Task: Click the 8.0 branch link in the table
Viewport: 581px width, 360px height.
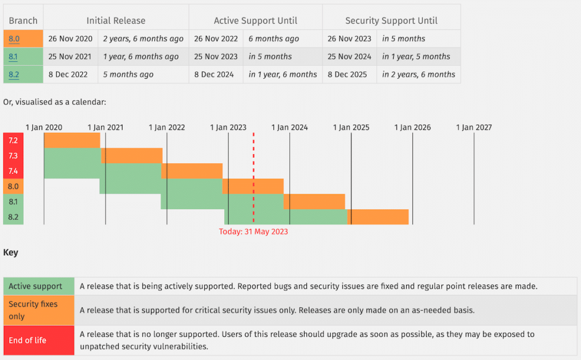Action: [x=14, y=39]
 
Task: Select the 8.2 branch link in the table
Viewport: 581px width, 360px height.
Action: [x=14, y=74]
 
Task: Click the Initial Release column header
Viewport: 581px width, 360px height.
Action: [x=116, y=20]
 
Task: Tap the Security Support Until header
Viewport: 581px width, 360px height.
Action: [x=391, y=20]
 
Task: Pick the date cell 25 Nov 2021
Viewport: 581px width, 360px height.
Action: [x=70, y=57]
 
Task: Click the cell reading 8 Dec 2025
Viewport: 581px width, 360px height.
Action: [x=347, y=74]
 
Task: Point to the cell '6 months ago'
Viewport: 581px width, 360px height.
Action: [x=273, y=39]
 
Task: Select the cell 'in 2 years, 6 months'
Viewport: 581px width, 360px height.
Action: [x=418, y=74]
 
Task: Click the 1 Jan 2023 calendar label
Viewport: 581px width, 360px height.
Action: [x=228, y=128]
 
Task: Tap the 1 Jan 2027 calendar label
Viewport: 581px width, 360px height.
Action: [x=474, y=128]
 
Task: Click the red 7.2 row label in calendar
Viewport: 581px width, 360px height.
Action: [x=13, y=140]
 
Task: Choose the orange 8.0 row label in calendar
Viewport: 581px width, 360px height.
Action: [x=13, y=186]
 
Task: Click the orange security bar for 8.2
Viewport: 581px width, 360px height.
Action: [x=378, y=217]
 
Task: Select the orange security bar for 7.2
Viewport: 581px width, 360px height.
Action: [x=72, y=140]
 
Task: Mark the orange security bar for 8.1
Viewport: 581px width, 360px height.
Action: [x=314, y=201]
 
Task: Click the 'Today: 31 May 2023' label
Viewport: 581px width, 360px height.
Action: [x=254, y=231]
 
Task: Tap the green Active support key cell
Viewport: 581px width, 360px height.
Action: [x=39, y=286]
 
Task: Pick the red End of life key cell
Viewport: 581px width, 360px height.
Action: [x=39, y=340]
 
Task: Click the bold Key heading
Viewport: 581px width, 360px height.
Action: [x=11, y=253]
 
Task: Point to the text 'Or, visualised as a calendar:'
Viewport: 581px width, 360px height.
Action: [x=54, y=102]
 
